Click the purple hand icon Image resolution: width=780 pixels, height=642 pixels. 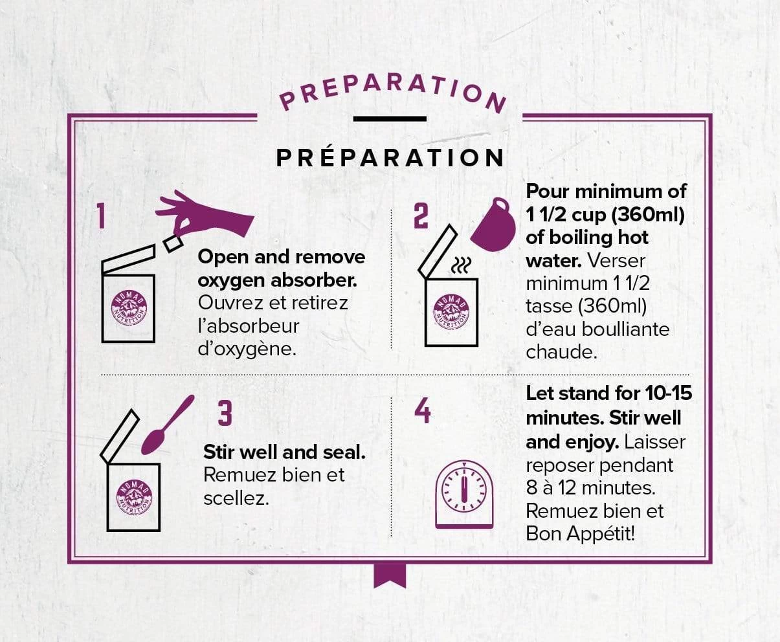(x=205, y=215)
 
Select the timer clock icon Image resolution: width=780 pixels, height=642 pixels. (x=464, y=494)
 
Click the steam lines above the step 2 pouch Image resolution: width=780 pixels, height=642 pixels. (x=461, y=265)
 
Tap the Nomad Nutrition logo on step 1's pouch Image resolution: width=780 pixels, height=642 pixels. (x=129, y=307)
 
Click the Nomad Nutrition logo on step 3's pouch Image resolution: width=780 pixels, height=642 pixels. (x=134, y=497)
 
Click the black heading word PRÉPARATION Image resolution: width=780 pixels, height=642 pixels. (x=390, y=159)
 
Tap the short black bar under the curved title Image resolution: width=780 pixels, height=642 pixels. (x=390, y=118)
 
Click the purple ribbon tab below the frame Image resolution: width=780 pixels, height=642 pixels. (x=390, y=576)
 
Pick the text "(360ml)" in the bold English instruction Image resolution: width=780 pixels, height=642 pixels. (x=647, y=215)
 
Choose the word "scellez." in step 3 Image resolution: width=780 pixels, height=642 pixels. (x=236, y=499)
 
